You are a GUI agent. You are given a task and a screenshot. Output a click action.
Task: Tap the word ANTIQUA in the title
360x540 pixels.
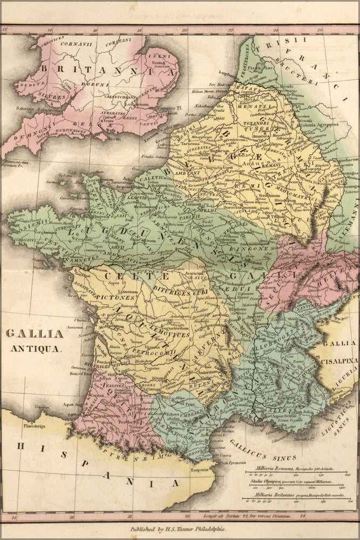click(36, 348)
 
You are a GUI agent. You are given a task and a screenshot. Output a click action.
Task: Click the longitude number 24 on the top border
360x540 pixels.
click(276, 31)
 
